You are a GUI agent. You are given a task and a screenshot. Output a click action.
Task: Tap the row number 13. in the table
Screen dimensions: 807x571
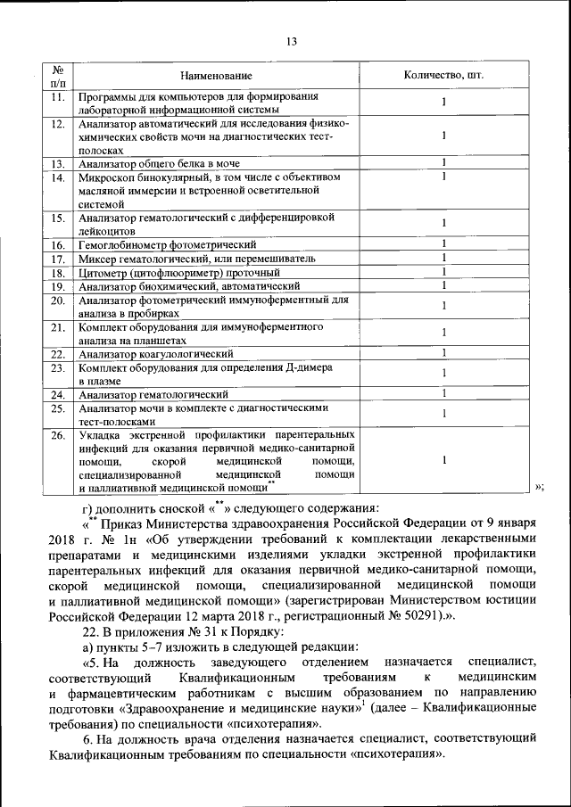tap(57, 163)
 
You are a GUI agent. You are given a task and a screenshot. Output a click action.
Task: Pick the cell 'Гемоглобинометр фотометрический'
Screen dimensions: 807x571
tap(167, 244)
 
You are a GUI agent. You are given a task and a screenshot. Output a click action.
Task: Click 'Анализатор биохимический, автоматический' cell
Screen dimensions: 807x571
tap(187, 286)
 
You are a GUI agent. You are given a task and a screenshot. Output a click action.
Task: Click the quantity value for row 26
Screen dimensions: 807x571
tap(443, 460)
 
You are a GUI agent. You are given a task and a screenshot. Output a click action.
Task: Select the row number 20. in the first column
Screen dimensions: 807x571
tap(57, 301)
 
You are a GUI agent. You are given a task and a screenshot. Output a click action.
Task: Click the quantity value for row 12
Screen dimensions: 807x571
tap(443, 136)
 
